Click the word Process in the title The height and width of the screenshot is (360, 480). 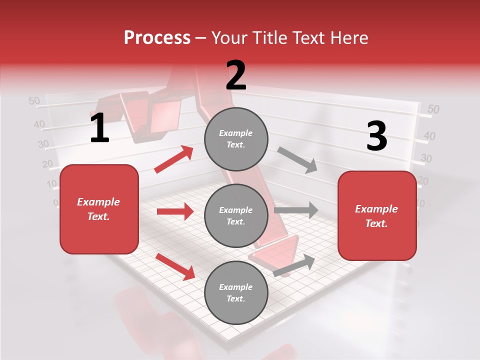click(157, 38)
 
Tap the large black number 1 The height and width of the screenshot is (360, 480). click(99, 128)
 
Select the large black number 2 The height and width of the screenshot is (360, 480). click(236, 75)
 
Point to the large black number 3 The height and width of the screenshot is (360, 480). click(376, 136)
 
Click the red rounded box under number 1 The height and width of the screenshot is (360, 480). click(99, 209)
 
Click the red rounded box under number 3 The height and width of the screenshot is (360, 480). click(377, 216)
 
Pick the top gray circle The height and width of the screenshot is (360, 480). click(236, 139)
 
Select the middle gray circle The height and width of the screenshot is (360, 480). click(236, 215)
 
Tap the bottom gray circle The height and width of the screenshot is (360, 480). click(236, 292)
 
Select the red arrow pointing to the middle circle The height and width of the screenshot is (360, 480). click(175, 211)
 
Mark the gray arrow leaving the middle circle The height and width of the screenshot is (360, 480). click(296, 210)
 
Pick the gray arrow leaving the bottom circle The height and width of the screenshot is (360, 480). click(294, 265)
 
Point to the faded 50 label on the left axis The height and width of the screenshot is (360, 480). click(34, 101)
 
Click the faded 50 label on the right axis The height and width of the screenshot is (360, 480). click(433, 109)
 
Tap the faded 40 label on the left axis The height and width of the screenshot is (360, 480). click(39, 124)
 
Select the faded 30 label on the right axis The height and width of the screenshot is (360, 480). click(426, 159)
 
